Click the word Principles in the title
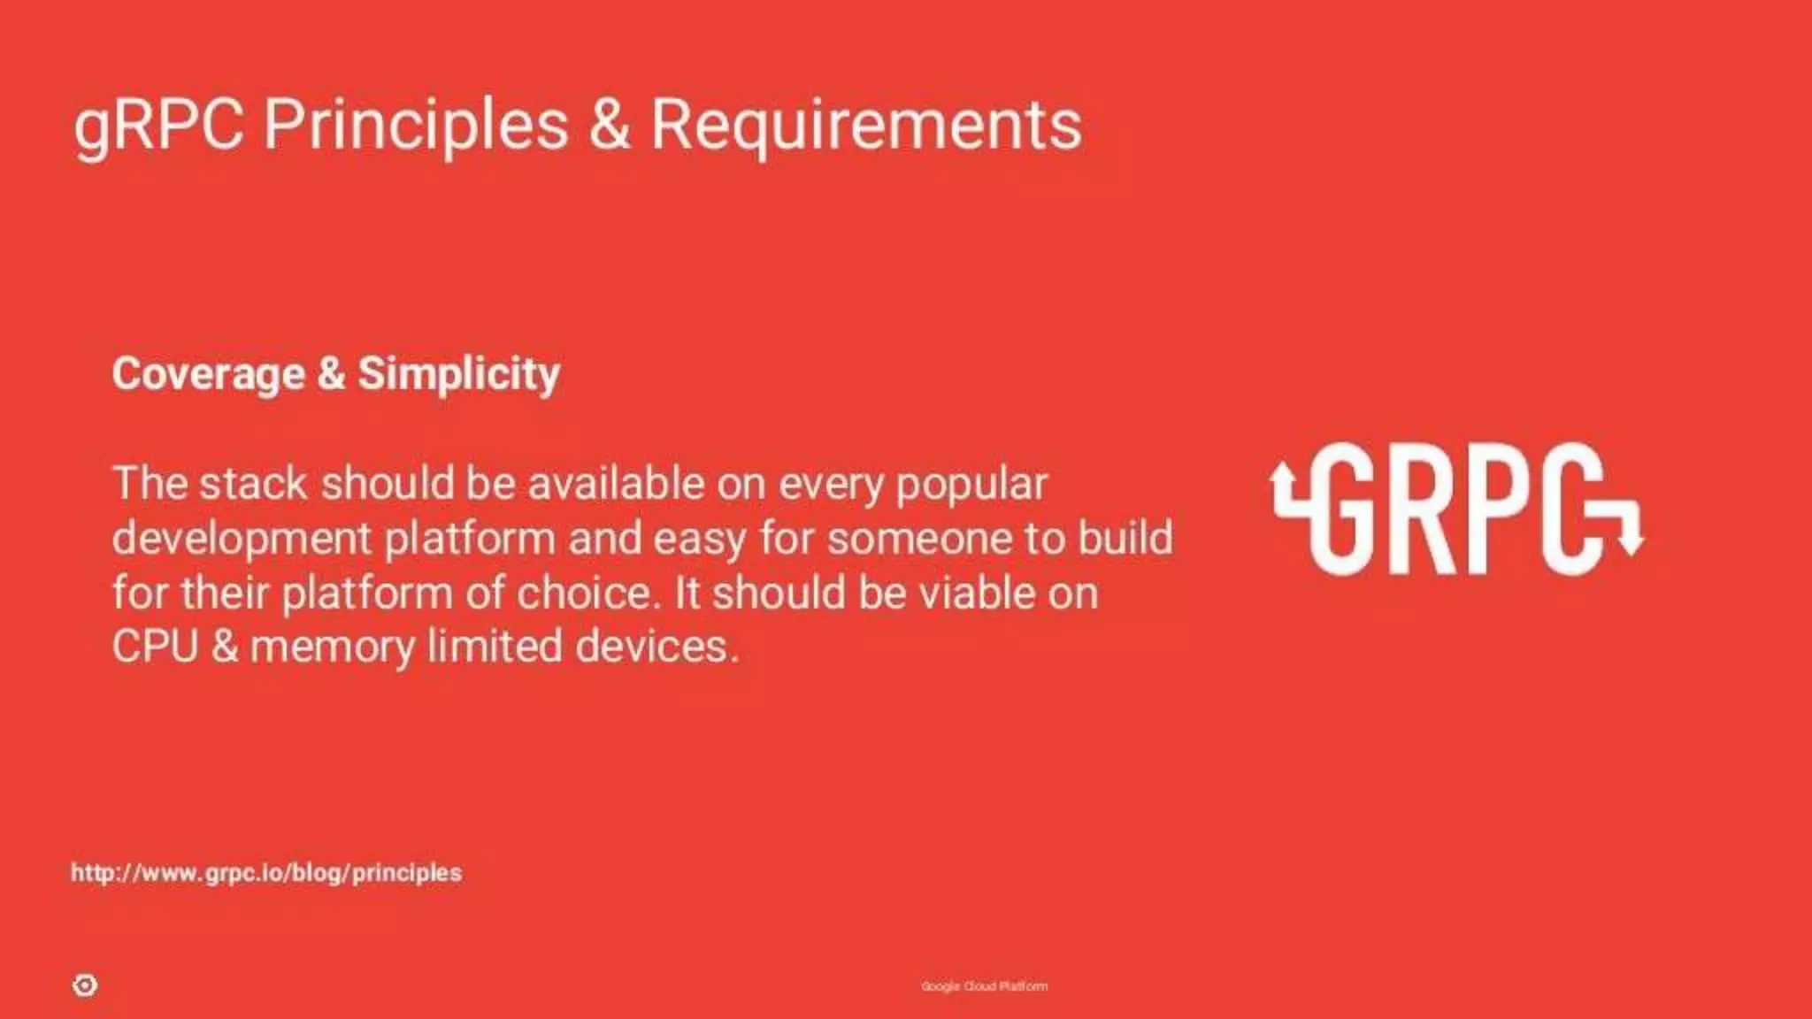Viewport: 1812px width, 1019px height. tap(416, 124)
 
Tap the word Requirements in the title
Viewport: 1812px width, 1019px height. tap(866, 124)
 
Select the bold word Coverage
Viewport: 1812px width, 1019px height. tap(208, 373)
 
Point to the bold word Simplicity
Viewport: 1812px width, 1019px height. tap(458, 373)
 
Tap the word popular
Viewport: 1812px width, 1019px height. tap(971, 486)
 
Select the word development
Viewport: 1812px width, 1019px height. tap(242, 539)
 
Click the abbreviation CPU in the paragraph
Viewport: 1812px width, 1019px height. tap(155, 647)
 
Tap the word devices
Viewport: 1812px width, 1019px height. tap(656, 647)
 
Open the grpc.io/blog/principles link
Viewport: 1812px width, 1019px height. tap(266, 873)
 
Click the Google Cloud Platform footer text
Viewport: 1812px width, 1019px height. tap(984, 986)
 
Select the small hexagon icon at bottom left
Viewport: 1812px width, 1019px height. tap(85, 985)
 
